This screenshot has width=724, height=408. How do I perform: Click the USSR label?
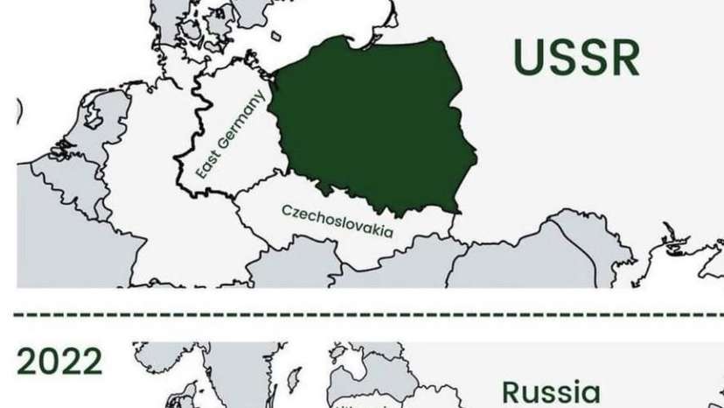click(576, 57)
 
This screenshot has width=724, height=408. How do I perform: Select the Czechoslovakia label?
click(338, 222)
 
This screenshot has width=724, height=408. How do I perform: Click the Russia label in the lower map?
click(551, 391)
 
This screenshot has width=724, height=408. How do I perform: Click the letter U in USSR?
click(528, 57)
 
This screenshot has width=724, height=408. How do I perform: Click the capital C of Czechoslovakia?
click(287, 211)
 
